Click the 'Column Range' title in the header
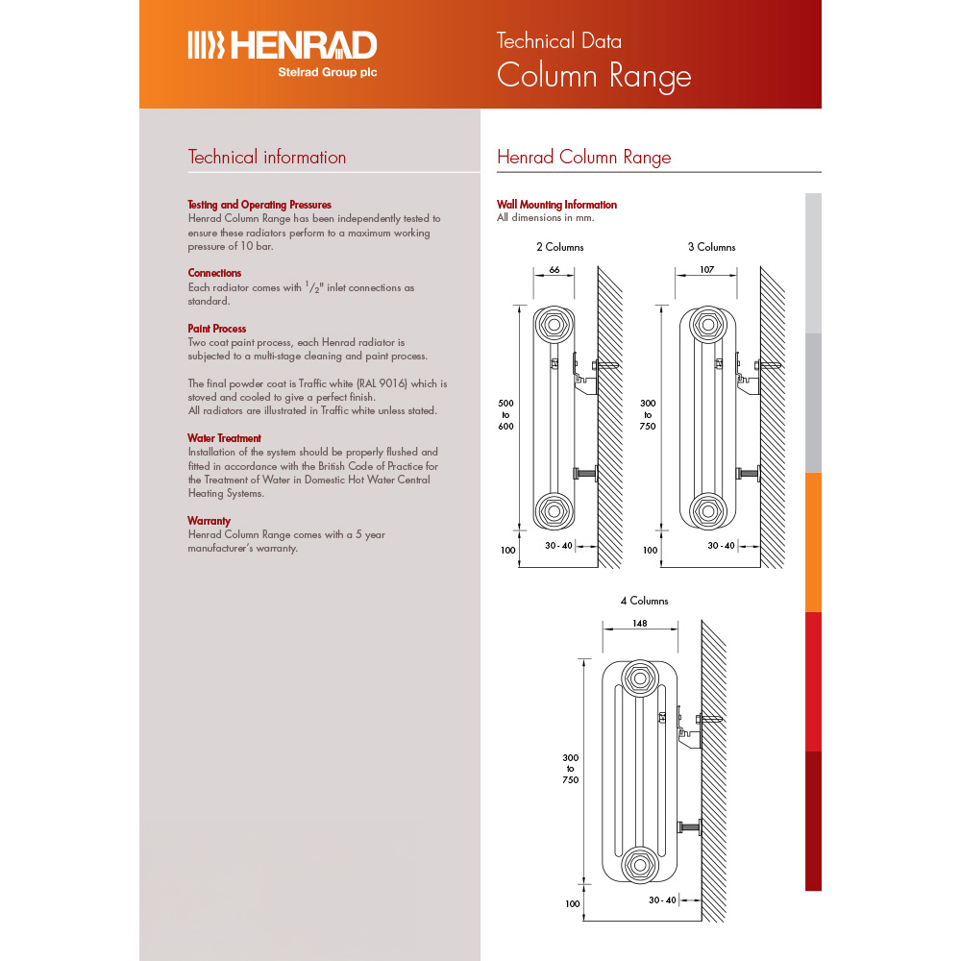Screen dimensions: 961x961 [x=593, y=76]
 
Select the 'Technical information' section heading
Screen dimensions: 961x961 [x=266, y=158]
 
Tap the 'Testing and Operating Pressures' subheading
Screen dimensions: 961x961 [x=259, y=205]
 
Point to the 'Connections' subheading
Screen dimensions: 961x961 [x=214, y=273]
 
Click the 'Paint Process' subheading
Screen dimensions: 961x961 [x=216, y=329]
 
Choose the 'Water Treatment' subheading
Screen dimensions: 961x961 [x=224, y=438]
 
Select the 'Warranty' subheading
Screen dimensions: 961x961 [x=210, y=521]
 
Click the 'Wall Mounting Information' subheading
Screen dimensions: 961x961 [x=556, y=205]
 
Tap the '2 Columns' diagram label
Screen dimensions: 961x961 [x=559, y=247]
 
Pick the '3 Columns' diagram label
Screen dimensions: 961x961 [x=711, y=247]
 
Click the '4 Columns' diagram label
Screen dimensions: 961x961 [x=644, y=601]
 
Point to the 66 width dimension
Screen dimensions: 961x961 [x=554, y=270]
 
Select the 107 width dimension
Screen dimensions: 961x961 [x=706, y=270]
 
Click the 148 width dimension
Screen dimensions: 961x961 [x=640, y=623]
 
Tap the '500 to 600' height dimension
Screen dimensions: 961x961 [x=505, y=414]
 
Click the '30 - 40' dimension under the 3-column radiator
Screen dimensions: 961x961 [x=721, y=546]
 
